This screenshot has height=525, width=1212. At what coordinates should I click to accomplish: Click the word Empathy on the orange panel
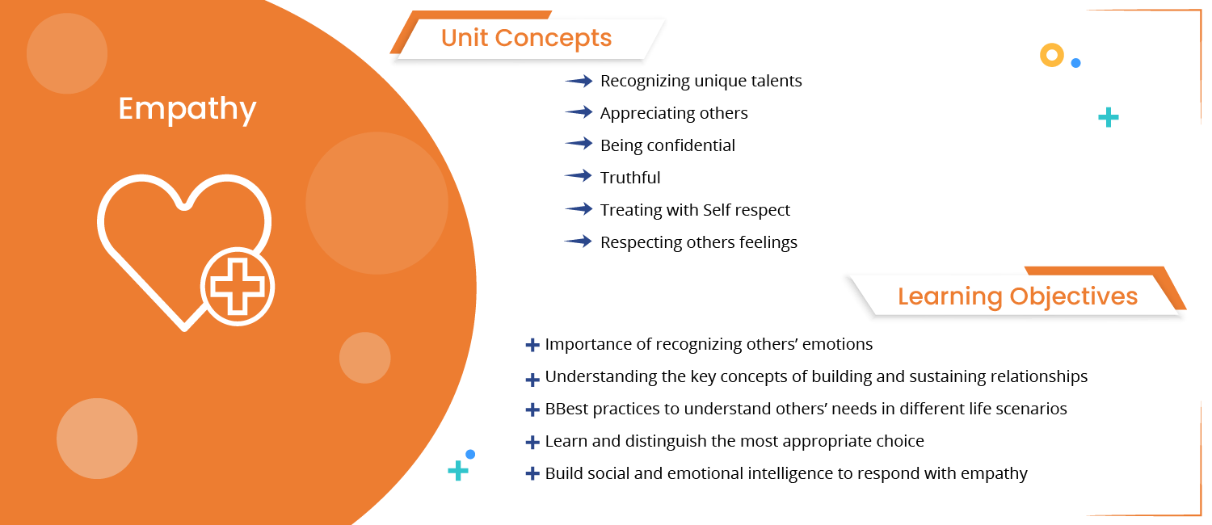pyautogui.click(x=187, y=109)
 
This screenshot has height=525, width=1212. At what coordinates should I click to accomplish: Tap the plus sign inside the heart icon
pyautogui.click(x=238, y=286)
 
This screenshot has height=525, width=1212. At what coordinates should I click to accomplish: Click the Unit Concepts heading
pyautogui.click(x=526, y=38)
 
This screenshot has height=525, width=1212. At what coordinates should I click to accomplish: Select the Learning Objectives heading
pyautogui.click(x=1017, y=296)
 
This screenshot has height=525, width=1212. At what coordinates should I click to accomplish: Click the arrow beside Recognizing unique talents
pyautogui.click(x=579, y=81)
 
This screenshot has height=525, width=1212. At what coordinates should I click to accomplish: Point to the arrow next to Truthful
pyautogui.click(x=579, y=177)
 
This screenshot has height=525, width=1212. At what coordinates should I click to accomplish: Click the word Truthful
pyautogui.click(x=630, y=178)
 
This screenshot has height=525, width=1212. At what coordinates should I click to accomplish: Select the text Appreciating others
pyautogui.click(x=674, y=113)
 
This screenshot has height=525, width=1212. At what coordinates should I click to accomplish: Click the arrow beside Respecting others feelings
pyautogui.click(x=579, y=241)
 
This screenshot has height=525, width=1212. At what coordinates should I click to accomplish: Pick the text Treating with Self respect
pyautogui.click(x=695, y=210)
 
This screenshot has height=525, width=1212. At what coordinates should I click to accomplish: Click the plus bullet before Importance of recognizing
pyautogui.click(x=532, y=346)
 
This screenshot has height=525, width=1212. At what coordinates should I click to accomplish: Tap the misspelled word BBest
pyautogui.click(x=567, y=409)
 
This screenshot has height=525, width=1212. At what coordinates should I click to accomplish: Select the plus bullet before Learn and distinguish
pyautogui.click(x=532, y=443)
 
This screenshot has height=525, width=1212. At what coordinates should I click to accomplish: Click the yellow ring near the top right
pyautogui.click(x=1051, y=55)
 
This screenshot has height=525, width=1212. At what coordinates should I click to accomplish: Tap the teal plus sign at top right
pyautogui.click(x=1109, y=118)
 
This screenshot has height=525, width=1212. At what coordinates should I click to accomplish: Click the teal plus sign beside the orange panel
pyautogui.click(x=458, y=471)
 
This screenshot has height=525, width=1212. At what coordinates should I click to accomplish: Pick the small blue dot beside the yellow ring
pyautogui.click(x=1075, y=62)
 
